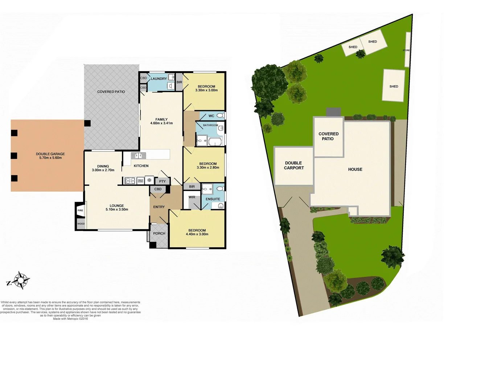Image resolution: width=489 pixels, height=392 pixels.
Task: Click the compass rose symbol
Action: (21, 280)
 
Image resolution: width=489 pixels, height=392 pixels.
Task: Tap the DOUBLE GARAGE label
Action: (50, 154)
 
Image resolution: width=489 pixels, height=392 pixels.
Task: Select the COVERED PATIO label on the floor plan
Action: (111, 92)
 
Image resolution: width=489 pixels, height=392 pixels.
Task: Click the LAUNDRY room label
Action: (159, 79)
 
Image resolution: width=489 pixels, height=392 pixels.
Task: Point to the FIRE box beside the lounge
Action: (80, 211)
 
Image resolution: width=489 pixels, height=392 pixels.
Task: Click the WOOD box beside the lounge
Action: (81, 224)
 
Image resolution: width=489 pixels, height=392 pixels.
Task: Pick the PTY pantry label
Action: (162, 181)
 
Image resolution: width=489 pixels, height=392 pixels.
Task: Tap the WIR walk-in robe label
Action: (192, 197)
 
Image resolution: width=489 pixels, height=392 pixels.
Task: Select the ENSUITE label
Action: (213, 199)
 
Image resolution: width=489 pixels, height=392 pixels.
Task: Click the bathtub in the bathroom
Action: (215, 141)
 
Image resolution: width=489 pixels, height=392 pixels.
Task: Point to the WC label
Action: (211, 116)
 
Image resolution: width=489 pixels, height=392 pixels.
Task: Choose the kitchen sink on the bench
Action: (138, 156)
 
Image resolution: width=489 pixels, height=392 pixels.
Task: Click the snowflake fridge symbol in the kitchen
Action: (149, 180)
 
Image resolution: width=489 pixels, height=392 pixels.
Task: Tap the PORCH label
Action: (159, 234)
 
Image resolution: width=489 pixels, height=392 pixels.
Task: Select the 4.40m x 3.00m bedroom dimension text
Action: (197, 234)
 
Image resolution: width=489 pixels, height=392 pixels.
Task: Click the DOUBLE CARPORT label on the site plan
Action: (294, 166)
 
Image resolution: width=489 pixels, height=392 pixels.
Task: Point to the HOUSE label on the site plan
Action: (355, 170)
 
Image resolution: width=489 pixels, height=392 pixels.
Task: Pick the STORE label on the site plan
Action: (406, 50)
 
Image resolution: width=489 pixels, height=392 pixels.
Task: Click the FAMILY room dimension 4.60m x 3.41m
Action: (161, 123)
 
